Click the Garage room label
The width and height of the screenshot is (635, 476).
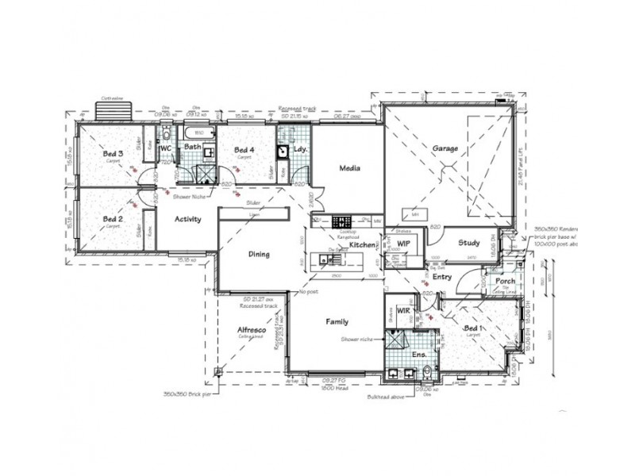pos(445,148)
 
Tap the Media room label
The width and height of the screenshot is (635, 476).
pos(350,168)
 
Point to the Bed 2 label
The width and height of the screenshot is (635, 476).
pos(112,219)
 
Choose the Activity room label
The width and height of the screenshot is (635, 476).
pos(187,220)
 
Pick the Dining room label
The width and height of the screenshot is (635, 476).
pos(259,255)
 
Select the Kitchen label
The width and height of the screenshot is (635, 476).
pos(362,247)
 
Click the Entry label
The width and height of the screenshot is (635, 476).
pos(442,277)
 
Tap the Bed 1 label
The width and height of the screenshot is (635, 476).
pos(471,328)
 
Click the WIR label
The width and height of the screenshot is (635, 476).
pos(402,310)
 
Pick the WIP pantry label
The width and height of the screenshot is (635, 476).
pos(402,244)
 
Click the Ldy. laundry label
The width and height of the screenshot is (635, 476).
pos(299,149)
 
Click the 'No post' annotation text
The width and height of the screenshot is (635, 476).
pos(310,293)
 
